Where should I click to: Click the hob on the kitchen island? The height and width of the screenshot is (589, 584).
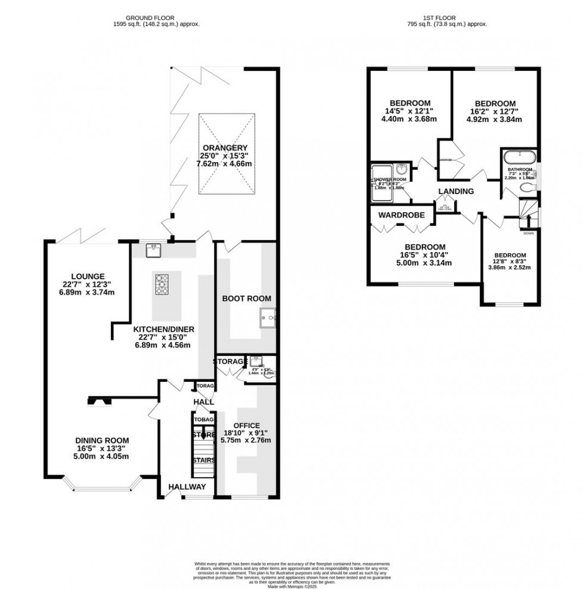point(163,284)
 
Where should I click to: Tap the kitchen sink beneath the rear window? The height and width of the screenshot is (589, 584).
point(153,251)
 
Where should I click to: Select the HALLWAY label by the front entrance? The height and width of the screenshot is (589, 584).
point(187,487)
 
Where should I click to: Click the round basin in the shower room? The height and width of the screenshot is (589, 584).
point(400,169)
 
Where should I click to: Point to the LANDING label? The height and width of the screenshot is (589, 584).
point(456,191)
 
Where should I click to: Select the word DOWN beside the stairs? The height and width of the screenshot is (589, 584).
point(529,233)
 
